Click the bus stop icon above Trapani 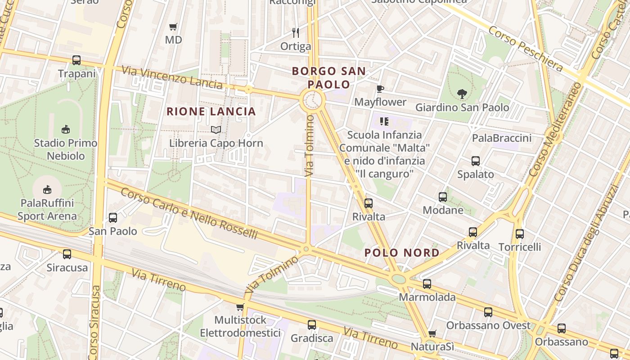[x=76, y=60]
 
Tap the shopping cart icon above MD [x=173, y=27]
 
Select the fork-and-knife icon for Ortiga [x=296, y=32]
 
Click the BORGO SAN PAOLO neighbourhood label [x=328, y=77]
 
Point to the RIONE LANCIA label [x=211, y=112]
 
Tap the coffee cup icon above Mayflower [x=380, y=89]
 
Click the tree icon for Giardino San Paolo [x=462, y=94]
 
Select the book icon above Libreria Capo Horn [x=216, y=130]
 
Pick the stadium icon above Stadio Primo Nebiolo [x=66, y=129]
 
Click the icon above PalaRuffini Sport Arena [x=47, y=189]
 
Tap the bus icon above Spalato [x=476, y=161]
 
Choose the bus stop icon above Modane [x=443, y=197]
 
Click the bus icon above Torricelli [x=520, y=234]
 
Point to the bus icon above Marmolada [x=427, y=284]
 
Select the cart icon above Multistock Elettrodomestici [x=240, y=307]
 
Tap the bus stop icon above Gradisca [x=312, y=324]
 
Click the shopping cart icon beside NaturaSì [x=432, y=333]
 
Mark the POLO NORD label [x=402, y=253]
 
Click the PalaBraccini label [x=502, y=138]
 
